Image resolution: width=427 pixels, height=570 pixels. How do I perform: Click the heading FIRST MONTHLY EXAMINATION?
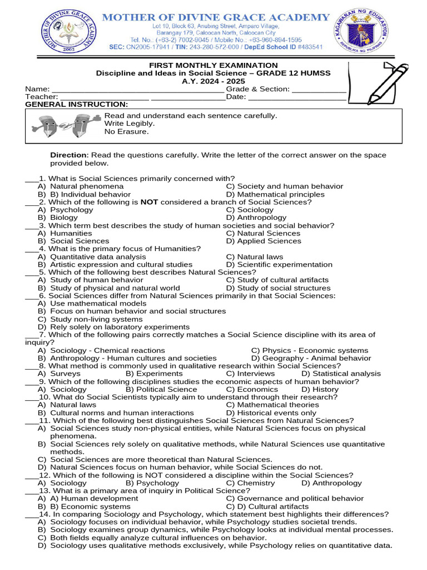click(x=213, y=65)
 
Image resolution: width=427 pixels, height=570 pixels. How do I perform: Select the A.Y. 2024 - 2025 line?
click(x=213, y=81)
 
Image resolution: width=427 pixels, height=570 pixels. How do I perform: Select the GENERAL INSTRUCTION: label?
click(x=77, y=105)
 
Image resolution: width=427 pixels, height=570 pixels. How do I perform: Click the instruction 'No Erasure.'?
click(x=127, y=131)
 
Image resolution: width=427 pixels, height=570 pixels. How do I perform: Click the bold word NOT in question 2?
click(x=150, y=202)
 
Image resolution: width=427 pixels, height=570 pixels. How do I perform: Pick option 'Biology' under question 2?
click(x=64, y=218)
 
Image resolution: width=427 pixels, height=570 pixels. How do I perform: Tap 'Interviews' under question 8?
click(x=256, y=374)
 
